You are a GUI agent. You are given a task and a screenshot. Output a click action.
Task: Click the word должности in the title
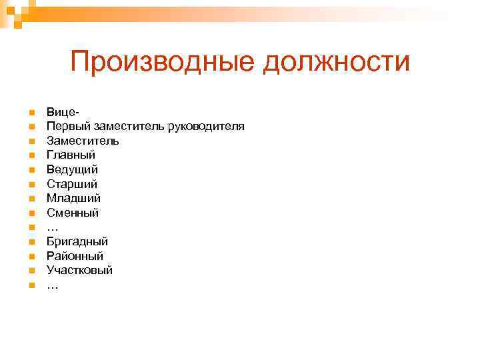pyautogui.click(x=336, y=62)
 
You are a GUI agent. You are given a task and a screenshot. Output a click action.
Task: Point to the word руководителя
pyautogui.click(x=205, y=126)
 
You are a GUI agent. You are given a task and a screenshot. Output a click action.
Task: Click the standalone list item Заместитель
pyautogui.click(x=83, y=141)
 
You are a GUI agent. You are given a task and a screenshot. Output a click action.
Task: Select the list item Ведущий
pyautogui.click(x=72, y=170)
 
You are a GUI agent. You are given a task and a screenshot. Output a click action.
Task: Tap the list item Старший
pyautogui.click(x=72, y=184)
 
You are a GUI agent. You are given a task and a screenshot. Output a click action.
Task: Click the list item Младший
pyautogui.click(x=73, y=199)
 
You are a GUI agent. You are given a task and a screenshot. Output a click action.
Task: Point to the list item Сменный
pyautogui.click(x=73, y=213)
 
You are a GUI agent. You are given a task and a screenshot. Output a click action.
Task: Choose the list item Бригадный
pyautogui.click(x=77, y=242)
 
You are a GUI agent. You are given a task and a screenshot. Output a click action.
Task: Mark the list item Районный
pyautogui.click(x=75, y=256)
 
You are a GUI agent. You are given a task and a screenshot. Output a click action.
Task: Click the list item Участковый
pyautogui.click(x=79, y=271)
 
